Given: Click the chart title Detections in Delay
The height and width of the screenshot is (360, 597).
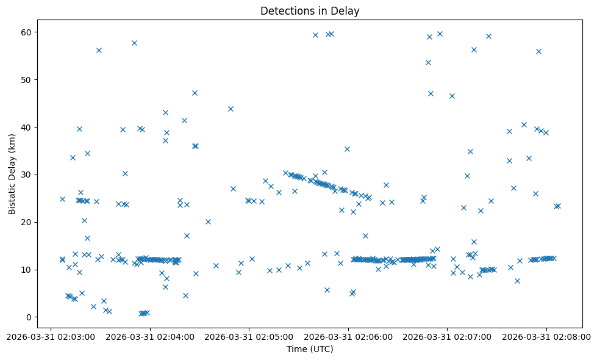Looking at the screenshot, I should pos(310,10).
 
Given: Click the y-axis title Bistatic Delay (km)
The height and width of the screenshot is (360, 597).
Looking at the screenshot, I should pos(12,170).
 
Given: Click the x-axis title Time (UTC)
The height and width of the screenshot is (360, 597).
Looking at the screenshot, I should pos(310,349).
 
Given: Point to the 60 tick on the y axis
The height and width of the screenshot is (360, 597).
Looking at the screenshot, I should pos(28,32).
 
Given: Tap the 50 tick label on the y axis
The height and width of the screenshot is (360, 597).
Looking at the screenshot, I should pos(28,79).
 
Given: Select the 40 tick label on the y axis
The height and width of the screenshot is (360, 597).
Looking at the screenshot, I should pos(28,127).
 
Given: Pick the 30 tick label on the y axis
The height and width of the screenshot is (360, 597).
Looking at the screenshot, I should pos(28,175).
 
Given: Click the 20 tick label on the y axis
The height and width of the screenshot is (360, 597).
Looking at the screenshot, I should pos(28,222).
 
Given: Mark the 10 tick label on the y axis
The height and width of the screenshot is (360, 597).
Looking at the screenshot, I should pos(28,270).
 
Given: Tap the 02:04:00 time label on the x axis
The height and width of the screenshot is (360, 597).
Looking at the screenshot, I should pos(150,336).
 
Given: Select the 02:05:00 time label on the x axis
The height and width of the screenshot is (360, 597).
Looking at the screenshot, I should pos(249,336).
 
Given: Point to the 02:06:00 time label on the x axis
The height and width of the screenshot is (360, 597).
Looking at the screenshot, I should pos(348,336).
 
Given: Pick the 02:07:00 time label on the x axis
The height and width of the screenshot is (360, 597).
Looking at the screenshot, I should pos(447,336).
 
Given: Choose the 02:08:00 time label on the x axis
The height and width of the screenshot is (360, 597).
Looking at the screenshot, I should pos(546,336).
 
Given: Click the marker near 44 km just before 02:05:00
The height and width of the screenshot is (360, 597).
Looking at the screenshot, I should pos(231,109).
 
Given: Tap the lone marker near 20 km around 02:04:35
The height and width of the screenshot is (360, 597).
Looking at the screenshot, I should pos(208,221).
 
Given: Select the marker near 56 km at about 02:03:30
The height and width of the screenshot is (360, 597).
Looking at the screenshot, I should pos(99,50).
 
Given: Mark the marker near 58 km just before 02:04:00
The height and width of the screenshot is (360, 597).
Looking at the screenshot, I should pos(134,43).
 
